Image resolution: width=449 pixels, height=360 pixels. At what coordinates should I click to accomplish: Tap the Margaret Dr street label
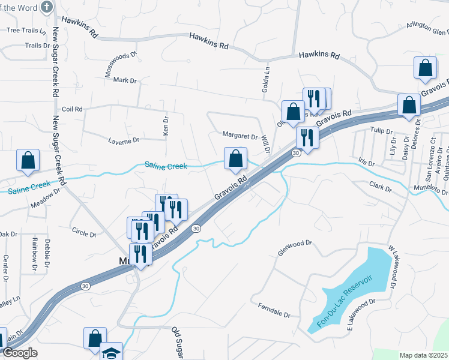(240, 136)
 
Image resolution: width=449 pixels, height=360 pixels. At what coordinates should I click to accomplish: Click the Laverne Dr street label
(124, 140)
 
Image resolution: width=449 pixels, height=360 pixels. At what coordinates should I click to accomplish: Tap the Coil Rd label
(72, 109)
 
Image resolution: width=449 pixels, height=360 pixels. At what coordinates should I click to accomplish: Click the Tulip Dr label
(381, 131)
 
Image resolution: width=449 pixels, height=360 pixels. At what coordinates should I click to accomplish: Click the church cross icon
(47, 7)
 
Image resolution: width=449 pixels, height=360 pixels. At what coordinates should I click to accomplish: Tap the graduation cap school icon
(110, 352)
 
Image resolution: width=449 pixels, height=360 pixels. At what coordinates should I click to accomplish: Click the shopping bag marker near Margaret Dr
(236, 159)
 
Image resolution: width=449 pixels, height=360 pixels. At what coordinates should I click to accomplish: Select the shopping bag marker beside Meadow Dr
(28, 160)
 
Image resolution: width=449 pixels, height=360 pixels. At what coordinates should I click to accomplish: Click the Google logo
(20, 353)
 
